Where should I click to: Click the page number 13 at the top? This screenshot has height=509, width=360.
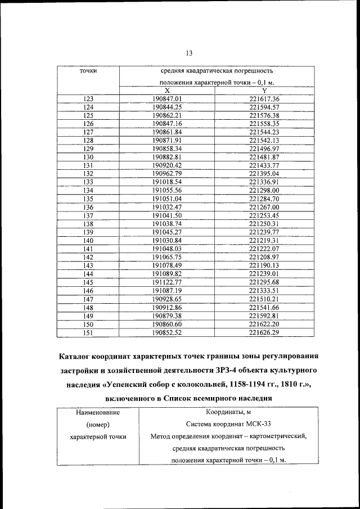[188, 53]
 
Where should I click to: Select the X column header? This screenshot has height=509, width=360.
[166, 91]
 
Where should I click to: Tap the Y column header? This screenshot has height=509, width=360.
[264, 91]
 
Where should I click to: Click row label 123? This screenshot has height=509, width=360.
[88, 99]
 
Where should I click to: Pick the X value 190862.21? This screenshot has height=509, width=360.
[166, 115]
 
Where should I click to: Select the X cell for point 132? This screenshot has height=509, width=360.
[166, 173]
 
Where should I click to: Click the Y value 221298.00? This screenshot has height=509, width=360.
[264, 190]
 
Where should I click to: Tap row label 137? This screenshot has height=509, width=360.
[88, 215]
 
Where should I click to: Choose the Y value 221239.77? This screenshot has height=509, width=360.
[264, 232]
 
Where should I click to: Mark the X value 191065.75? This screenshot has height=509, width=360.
[166, 256]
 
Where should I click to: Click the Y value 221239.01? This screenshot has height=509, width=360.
[264, 273]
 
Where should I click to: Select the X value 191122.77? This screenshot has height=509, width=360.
[166, 282]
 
